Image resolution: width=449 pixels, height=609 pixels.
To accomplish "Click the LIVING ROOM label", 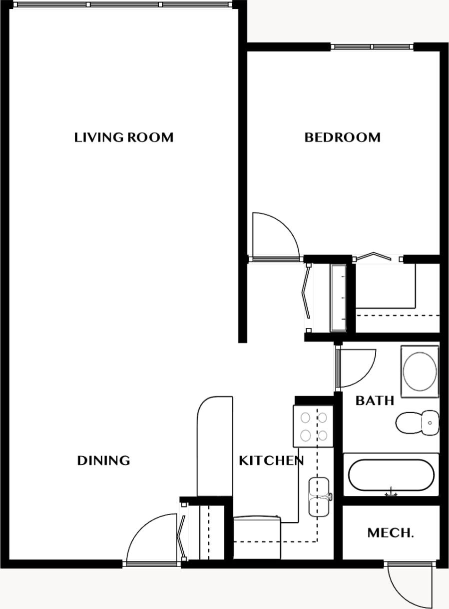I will [124, 137].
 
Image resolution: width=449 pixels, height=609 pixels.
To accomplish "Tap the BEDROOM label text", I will [342, 137].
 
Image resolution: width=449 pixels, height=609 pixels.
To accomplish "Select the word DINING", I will [103, 460].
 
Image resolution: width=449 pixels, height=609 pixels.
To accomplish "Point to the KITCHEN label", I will [271, 460].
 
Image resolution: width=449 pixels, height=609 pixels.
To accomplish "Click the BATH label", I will [375, 400].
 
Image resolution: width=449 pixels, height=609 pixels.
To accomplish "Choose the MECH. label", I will [390, 533].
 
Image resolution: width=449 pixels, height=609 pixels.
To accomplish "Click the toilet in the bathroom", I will [417, 423].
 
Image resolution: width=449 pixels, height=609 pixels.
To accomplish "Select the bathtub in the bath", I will [391, 475].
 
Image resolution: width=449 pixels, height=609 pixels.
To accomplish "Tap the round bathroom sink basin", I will [420, 371].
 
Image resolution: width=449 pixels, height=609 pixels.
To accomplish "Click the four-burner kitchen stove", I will [313, 426].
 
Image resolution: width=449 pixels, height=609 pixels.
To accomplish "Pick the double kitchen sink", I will [319, 496].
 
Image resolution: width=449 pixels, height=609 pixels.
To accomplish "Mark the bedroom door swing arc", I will [276, 235].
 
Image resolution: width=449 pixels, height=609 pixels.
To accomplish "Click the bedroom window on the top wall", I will [372, 47].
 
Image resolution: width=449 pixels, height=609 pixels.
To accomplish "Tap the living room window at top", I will [124, 4].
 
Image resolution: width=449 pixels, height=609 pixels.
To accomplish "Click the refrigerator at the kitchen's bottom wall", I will [257, 538].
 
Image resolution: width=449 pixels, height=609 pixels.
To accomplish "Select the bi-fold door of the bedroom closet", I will [379, 256].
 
